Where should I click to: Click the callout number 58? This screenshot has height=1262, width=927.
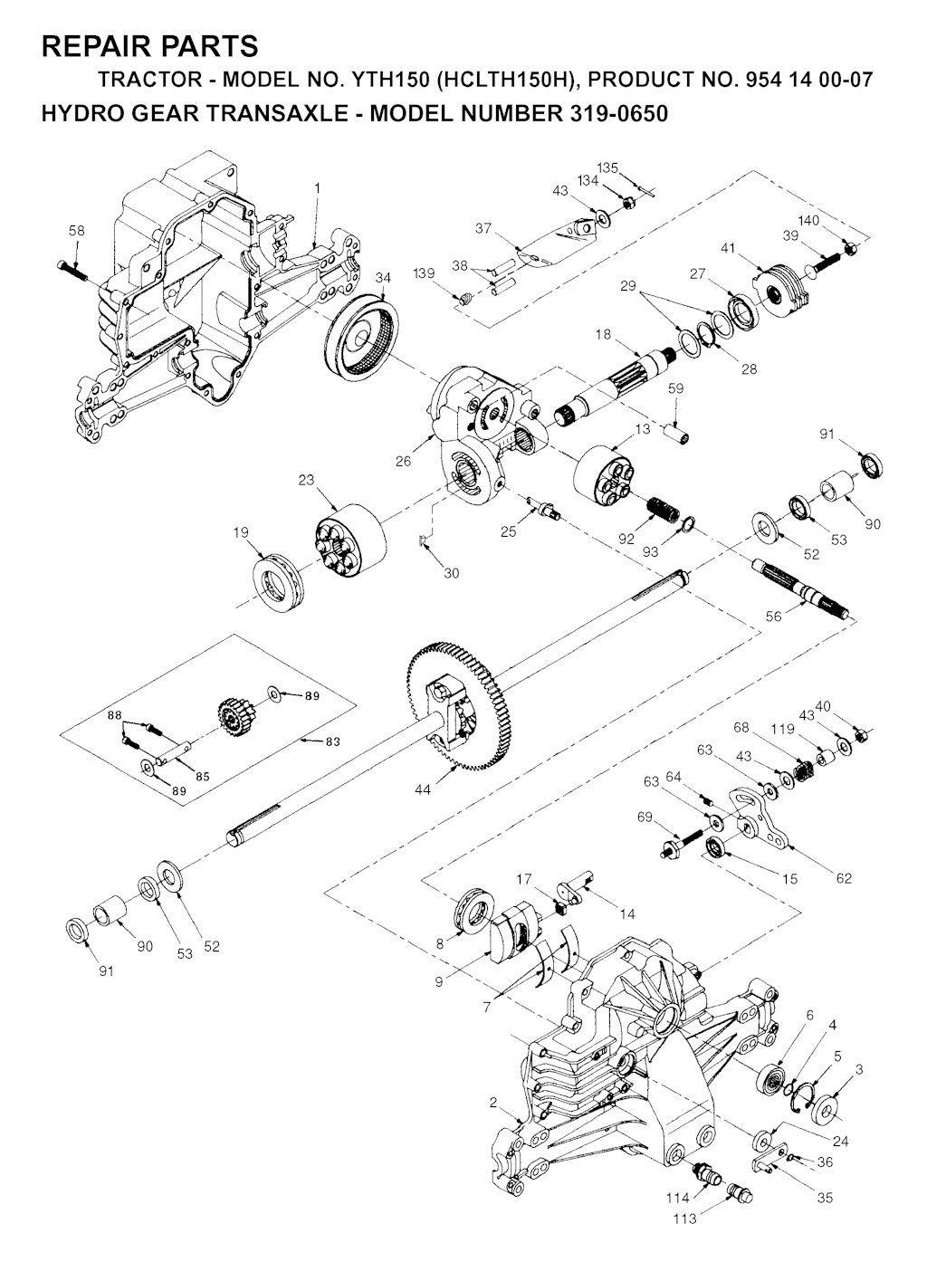pyautogui.click(x=77, y=231)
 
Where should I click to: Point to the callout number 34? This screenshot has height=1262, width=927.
pyautogui.click(x=383, y=278)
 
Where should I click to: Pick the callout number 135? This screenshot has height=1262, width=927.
pyautogui.click(x=607, y=167)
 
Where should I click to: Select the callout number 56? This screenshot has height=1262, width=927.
pyautogui.click(x=773, y=617)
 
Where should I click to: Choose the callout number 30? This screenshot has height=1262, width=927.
pyautogui.click(x=452, y=573)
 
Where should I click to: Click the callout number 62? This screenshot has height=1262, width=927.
pyautogui.click(x=844, y=878)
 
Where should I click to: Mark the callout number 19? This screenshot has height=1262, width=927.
pyautogui.click(x=241, y=532)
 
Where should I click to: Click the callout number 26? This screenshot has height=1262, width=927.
pyautogui.click(x=403, y=462)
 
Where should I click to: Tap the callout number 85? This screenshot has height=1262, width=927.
pyautogui.click(x=202, y=777)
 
